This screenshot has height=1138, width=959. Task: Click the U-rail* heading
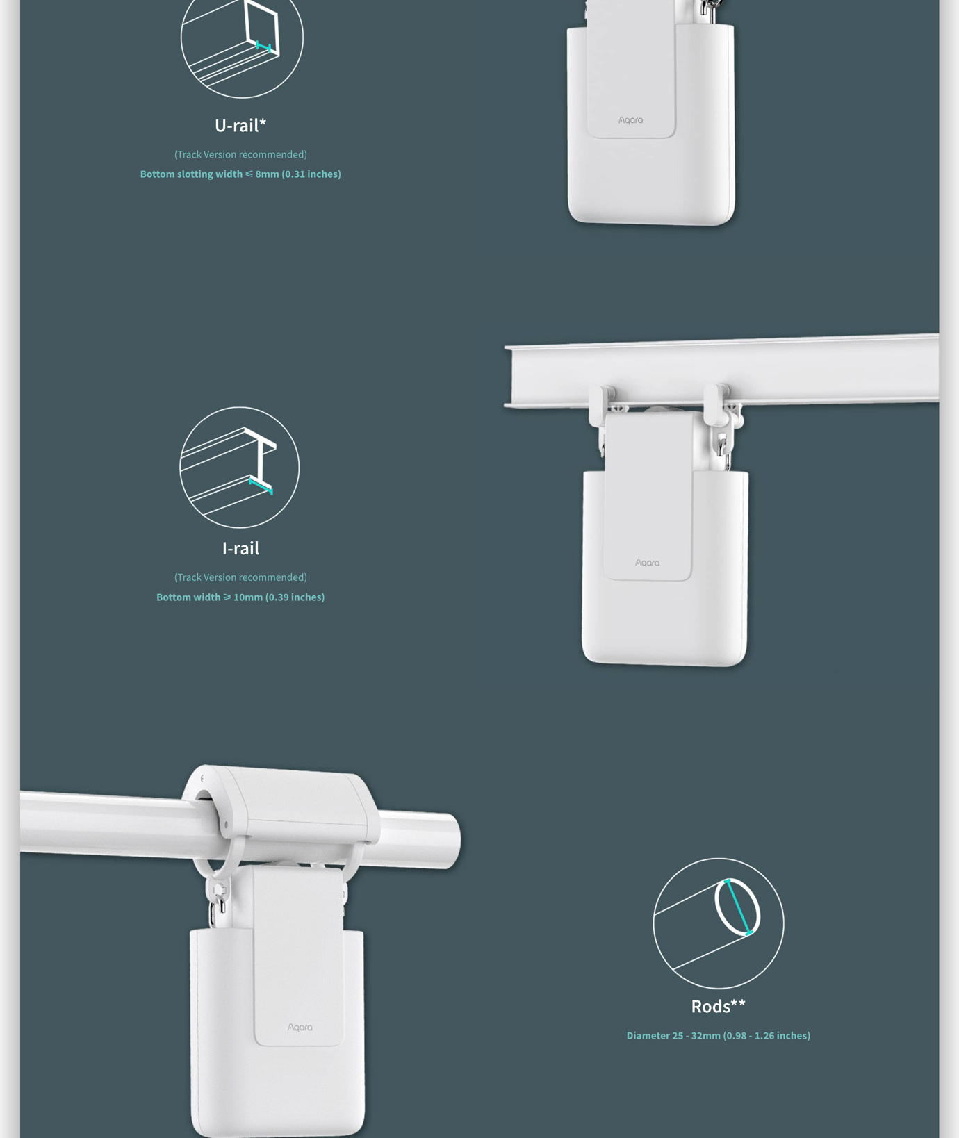coord(240,126)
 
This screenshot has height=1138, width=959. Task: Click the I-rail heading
coord(240,549)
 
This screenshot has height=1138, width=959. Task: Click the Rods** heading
coord(719,1006)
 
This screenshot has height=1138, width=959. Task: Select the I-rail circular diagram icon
coord(240,468)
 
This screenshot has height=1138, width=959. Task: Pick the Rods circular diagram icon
coord(719,923)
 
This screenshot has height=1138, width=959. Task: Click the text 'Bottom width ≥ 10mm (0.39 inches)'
coord(240,597)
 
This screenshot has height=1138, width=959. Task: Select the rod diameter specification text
coord(719,1036)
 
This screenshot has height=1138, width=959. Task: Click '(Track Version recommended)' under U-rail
coord(240,154)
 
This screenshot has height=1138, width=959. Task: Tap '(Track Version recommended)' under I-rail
coord(240,577)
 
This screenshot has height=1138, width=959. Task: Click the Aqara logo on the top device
coord(631,120)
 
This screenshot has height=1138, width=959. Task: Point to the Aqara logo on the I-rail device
coord(648,563)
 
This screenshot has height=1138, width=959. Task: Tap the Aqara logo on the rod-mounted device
coord(300,1027)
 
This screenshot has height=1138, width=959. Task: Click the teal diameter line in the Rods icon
coord(738,907)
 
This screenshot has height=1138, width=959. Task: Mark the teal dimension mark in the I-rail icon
coord(261,485)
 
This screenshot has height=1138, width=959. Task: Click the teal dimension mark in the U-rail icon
coord(263,47)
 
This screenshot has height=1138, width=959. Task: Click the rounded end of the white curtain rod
coord(450,841)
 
